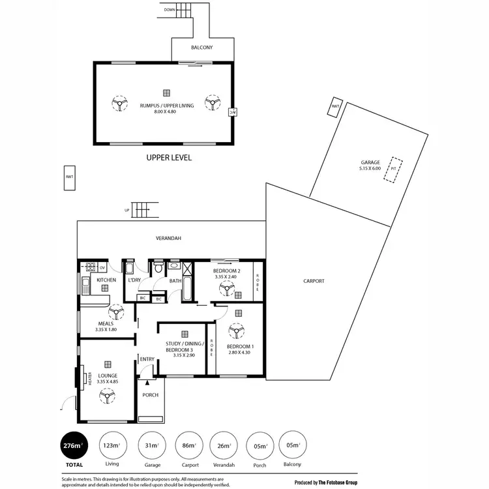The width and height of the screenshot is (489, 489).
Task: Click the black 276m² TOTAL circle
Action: (72, 446)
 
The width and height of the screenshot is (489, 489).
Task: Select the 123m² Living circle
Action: (111, 446)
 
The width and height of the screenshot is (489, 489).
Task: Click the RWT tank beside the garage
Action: (335, 108)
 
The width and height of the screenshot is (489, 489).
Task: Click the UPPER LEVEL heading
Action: (169, 158)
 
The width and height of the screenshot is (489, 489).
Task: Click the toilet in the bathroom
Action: (158, 269)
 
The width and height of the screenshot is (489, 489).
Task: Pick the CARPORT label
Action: (314, 282)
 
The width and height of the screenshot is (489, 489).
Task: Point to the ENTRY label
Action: (147, 359)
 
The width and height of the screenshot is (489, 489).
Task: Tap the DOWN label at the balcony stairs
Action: (170, 10)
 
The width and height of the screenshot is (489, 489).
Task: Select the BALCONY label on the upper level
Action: (201, 48)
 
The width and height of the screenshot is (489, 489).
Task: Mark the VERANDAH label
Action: (168, 239)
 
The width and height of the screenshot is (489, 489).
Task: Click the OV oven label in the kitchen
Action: (102, 267)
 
